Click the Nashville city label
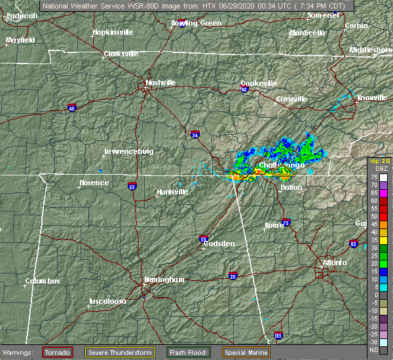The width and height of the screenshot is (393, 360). (160, 82)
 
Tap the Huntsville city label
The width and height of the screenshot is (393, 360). (172, 192)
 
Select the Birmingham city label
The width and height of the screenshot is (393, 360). (164, 279)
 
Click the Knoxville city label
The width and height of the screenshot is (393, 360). (371, 98)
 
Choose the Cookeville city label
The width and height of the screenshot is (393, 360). (259, 83)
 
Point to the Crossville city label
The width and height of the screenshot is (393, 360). (291, 99)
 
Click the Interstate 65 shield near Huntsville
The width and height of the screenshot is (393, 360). (132, 185)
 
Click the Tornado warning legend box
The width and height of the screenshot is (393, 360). (57, 352)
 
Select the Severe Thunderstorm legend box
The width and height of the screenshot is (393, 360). (120, 352)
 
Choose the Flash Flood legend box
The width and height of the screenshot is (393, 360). (188, 352)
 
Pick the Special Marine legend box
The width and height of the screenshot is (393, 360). (246, 352)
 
